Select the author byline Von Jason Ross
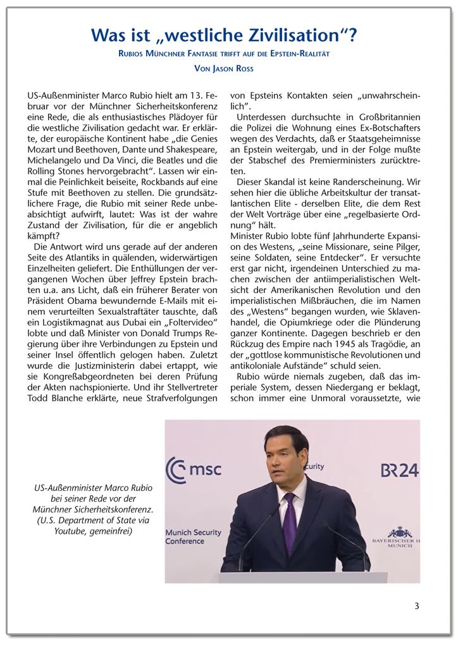tap(228, 68)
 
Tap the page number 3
tap(417, 606)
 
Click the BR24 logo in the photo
tap(399, 470)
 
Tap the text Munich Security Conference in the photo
tap(194, 536)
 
